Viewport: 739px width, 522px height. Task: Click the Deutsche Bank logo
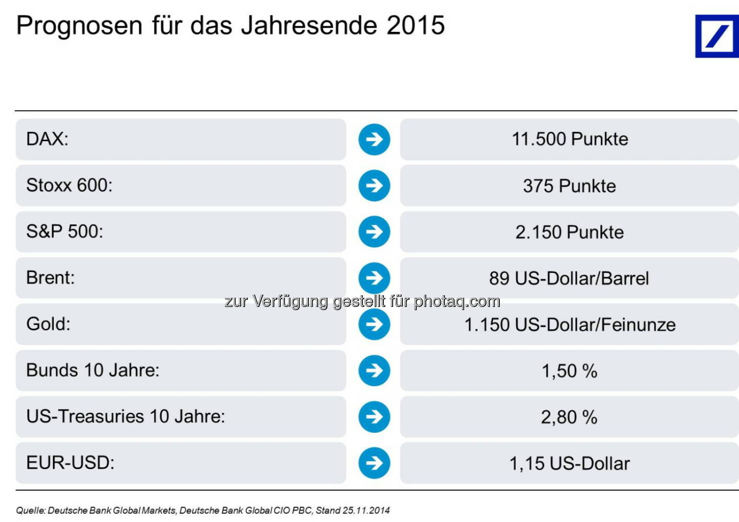click(717, 36)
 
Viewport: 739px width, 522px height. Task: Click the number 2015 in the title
click(416, 26)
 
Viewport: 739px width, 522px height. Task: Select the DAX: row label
click(47, 139)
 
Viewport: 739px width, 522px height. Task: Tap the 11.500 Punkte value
click(570, 139)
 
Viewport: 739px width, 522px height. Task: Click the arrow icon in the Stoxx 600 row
click(374, 185)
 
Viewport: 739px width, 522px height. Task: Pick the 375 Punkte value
click(569, 186)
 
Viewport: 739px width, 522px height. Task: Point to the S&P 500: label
click(65, 231)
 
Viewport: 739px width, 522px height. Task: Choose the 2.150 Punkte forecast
click(569, 232)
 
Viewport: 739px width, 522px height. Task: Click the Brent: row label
click(50, 278)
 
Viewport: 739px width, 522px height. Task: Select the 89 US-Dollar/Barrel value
click(569, 278)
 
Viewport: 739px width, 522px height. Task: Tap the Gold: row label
click(48, 324)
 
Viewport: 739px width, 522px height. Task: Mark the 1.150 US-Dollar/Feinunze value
click(570, 325)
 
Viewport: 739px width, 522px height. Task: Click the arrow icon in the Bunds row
click(374, 370)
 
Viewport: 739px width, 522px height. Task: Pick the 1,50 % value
click(569, 371)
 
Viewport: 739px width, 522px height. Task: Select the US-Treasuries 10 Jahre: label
click(126, 416)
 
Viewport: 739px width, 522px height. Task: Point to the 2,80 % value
click(569, 417)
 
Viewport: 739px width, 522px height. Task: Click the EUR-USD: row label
click(70, 462)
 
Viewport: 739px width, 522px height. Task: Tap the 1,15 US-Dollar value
click(569, 463)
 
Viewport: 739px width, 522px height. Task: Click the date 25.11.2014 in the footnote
click(366, 510)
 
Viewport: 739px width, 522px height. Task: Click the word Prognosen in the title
click(79, 26)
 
